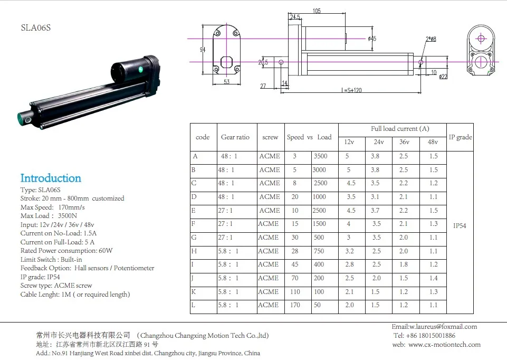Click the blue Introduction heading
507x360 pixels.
point(51,178)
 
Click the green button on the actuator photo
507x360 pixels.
point(140,70)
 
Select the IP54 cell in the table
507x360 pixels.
point(460,226)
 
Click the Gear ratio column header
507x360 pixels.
point(235,137)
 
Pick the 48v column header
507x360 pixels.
point(433,142)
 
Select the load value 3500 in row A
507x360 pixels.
point(320,156)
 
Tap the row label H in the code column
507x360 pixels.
point(195,251)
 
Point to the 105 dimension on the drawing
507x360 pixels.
point(317,11)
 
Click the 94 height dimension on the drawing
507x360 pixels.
point(203,50)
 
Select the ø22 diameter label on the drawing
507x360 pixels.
point(444,77)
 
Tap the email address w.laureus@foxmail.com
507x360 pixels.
point(434,326)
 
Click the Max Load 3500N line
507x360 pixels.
point(49,215)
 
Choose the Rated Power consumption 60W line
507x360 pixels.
point(66,251)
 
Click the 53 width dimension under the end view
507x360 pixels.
point(226,81)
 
